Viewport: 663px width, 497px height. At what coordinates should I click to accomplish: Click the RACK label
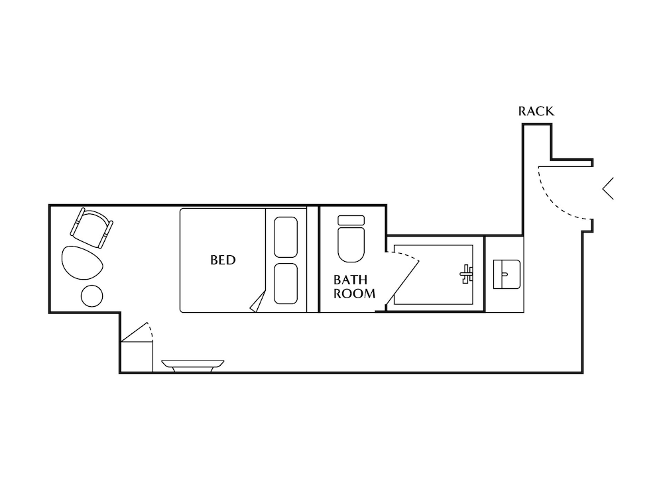(536, 111)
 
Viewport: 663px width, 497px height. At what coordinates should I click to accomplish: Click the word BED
(223, 260)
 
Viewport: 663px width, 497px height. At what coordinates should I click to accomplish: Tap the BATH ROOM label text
(354, 287)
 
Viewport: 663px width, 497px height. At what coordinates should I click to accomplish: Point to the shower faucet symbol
(467, 273)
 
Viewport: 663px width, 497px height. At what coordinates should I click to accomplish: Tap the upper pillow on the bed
(286, 237)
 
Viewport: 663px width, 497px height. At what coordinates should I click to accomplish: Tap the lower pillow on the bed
(286, 284)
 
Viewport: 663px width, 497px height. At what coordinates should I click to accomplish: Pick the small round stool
(91, 296)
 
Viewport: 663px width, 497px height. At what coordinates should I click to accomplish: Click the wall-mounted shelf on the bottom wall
(193, 364)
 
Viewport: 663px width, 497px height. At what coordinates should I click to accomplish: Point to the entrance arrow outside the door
(608, 189)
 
